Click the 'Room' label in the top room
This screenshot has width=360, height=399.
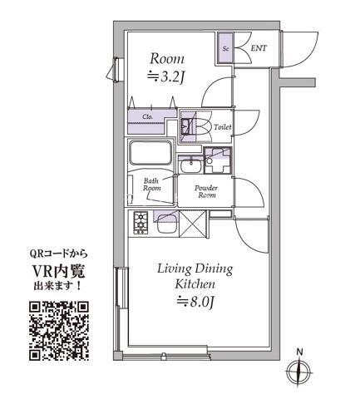167,59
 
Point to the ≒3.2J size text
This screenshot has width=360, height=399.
166,77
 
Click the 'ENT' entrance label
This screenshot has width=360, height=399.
259,49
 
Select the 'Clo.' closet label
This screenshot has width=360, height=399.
147,117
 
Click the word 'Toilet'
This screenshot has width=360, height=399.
222,127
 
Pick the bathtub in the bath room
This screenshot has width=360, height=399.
150,155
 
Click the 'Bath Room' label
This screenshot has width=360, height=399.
151,185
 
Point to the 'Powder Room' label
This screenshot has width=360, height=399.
206,192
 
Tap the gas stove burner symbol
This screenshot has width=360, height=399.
140,222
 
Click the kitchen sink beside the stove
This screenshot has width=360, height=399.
167,222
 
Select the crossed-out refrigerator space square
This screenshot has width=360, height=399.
194,224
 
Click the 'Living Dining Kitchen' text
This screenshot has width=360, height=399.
195,277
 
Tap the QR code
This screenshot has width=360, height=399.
58,330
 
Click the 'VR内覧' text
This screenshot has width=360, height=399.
58,270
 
